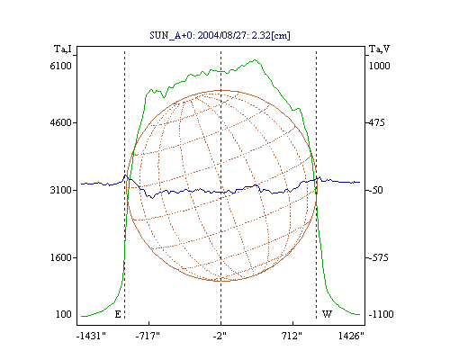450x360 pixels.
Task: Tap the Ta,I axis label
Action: click(63, 49)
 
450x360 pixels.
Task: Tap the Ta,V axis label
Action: click(379, 49)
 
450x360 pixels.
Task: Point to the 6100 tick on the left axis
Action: click(60, 66)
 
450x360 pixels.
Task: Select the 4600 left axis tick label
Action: click(60, 122)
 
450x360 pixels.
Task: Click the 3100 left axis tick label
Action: click(60, 190)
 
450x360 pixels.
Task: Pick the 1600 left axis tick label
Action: click(60, 257)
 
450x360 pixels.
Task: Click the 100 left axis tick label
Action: click(64, 314)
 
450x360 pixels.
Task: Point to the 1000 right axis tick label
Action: click(379, 66)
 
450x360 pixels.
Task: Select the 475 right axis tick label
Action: click(377, 122)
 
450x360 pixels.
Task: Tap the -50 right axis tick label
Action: click(375, 190)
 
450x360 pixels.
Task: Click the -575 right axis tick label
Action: click(378, 257)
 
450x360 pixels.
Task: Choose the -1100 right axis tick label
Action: click(381, 314)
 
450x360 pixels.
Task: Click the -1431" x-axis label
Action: click(91, 336)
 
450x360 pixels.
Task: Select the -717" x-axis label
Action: click(148, 336)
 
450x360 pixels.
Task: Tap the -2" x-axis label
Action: click(220, 336)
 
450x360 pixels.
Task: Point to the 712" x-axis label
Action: click(292, 336)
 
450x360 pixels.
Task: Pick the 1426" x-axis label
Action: click(351, 336)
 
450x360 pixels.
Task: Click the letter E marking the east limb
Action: click(118, 314)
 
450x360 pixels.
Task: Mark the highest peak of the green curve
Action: click(255, 59)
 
